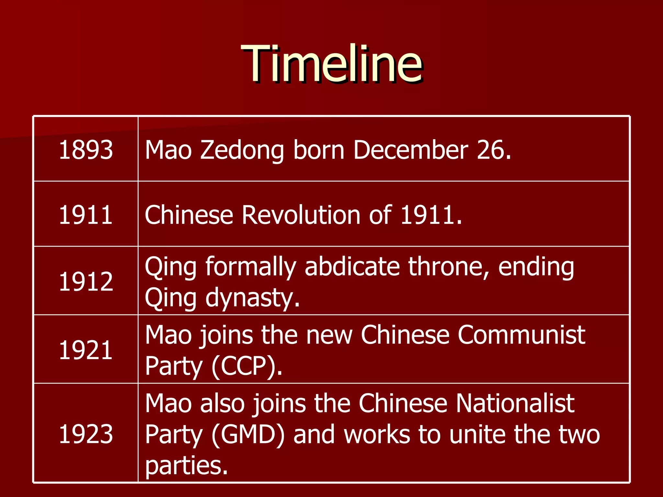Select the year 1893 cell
click(86, 150)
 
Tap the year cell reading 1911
click(86, 215)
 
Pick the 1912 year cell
click(86, 282)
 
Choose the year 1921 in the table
click(86, 350)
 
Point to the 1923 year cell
click(86, 434)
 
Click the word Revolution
click(301, 215)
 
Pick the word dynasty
click(249, 298)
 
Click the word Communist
click(521, 335)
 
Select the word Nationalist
click(515, 403)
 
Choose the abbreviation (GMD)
click(248, 435)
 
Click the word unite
click(478, 435)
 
